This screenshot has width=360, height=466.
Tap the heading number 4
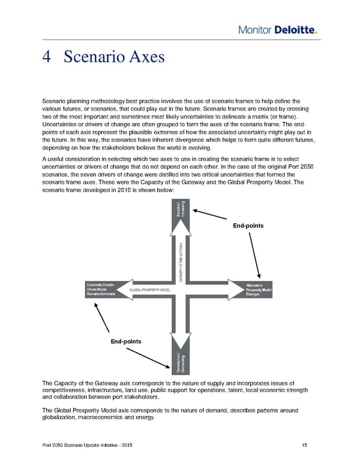[47, 57]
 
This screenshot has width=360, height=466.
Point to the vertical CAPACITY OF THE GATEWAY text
[181, 262]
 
